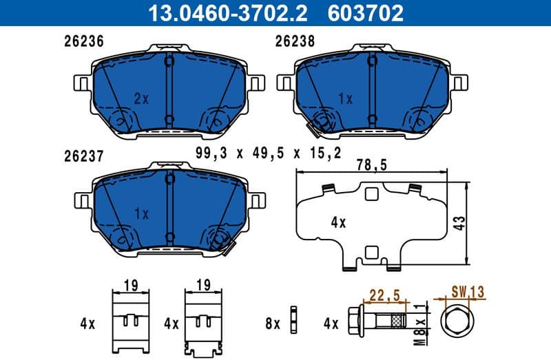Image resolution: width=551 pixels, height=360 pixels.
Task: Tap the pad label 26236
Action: coord(80,41)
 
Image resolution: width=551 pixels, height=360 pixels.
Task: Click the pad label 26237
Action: coord(80,157)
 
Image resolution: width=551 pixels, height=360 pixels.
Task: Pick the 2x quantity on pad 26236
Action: coord(141,99)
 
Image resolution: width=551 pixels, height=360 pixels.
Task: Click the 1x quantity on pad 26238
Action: coord(346,99)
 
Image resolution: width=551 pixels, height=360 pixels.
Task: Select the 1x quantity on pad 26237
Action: coord(141,214)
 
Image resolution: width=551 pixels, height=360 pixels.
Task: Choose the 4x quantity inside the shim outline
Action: coord(337,223)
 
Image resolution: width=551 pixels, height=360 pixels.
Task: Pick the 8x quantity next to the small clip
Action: coord(273,322)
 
